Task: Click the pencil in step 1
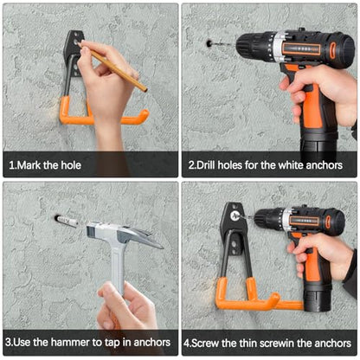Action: point(114,67)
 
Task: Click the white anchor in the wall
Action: point(67,222)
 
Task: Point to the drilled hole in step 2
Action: point(209,44)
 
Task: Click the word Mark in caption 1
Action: point(29,165)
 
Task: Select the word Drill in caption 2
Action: point(206,165)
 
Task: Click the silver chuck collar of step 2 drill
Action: point(278,47)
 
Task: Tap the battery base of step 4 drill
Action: point(318,297)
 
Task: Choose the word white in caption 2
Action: point(291,165)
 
